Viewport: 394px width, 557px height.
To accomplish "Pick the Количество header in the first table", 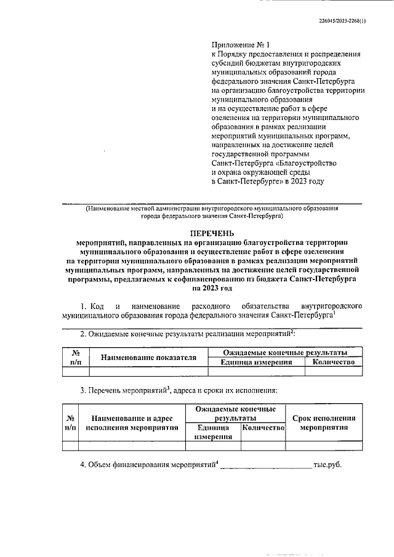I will (x=334, y=362).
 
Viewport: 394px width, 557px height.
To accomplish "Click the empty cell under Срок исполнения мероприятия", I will (x=324, y=446).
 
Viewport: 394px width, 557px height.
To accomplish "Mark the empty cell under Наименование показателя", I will (x=148, y=371).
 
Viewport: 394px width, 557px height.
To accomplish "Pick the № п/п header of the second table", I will (x=71, y=422).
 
